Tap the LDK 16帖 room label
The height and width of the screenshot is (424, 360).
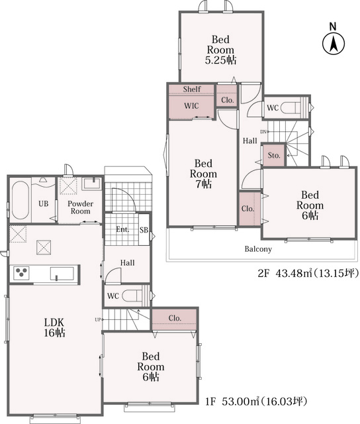tap(54, 327)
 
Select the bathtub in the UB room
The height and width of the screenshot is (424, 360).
tap(21, 200)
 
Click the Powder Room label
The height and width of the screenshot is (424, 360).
tap(80, 207)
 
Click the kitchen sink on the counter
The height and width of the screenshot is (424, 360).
tap(62, 274)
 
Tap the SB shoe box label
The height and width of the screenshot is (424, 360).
tap(144, 230)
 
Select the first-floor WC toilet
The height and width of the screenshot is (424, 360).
tap(132, 295)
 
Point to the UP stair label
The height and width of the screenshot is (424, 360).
tap(97, 319)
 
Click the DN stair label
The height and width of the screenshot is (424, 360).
tap(263, 132)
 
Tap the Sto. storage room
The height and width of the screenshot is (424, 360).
tap(274, 156)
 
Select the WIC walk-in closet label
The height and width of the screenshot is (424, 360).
tap(191, 106)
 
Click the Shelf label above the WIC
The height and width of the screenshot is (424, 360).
tap(192, 89)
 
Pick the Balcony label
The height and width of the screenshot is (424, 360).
tap(258, 249)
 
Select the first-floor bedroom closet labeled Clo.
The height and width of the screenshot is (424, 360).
tap(175, 319)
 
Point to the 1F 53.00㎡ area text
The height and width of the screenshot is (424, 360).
tap(256, 401)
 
